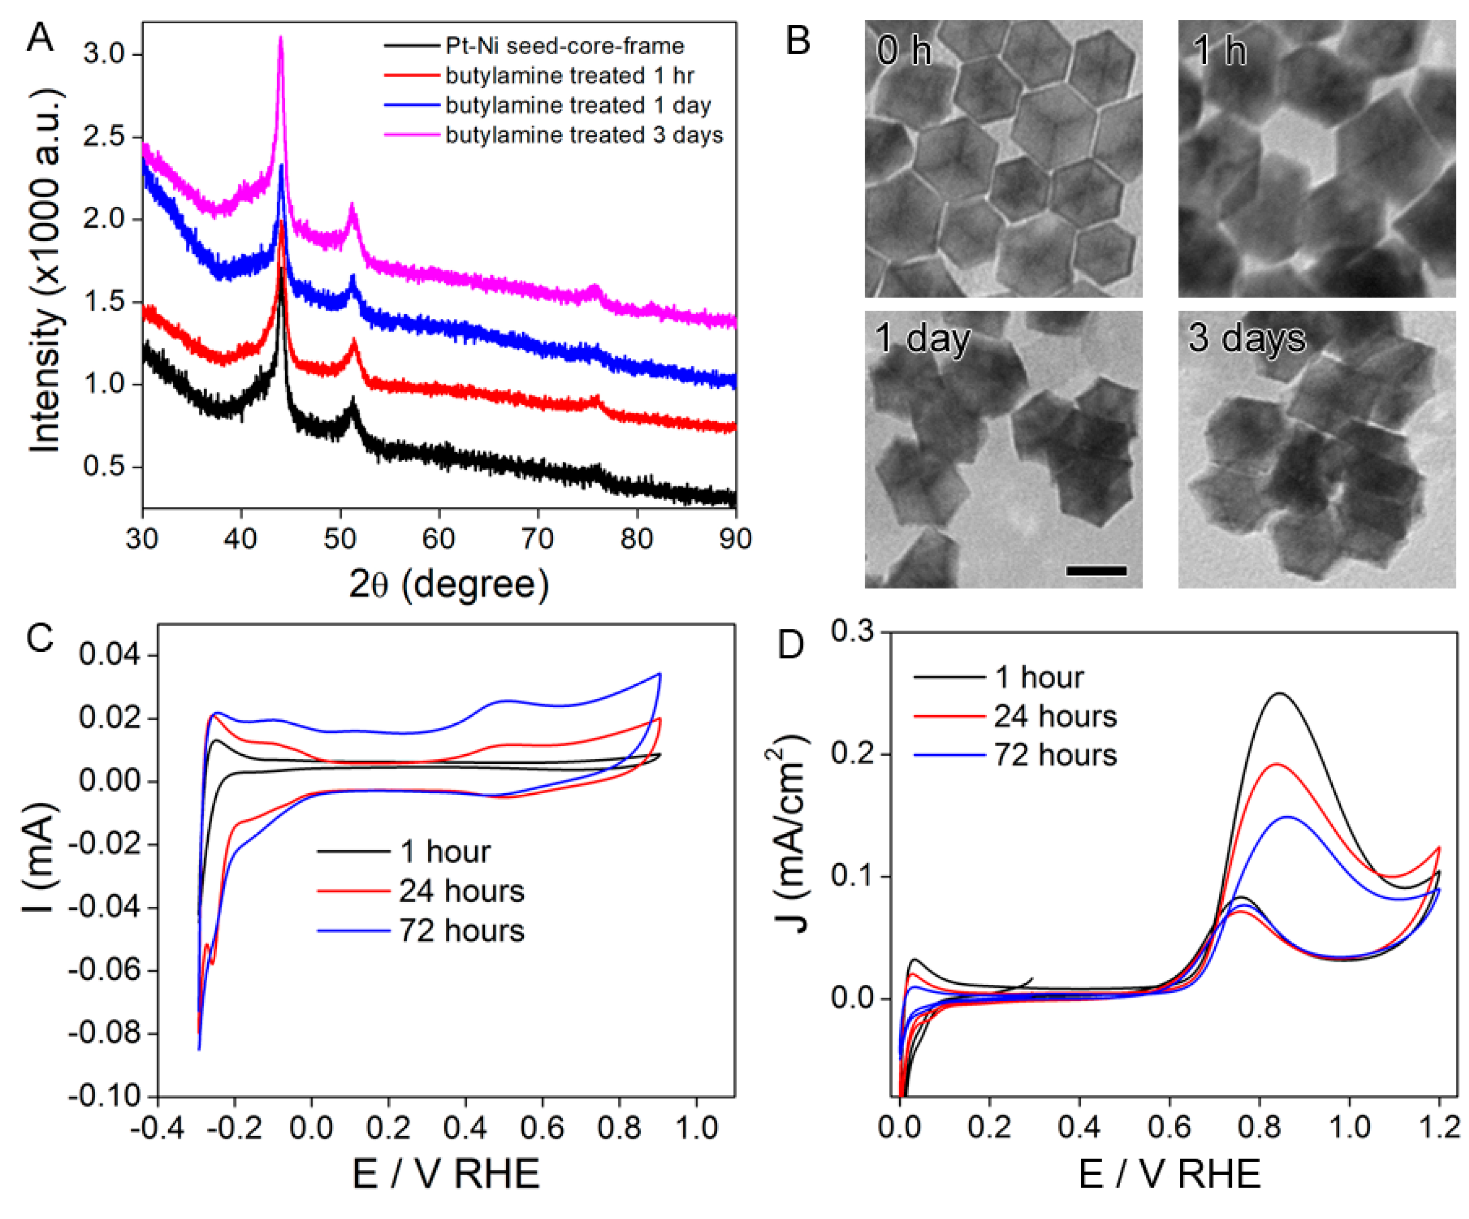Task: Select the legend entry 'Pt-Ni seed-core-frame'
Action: click(x=564, y=46)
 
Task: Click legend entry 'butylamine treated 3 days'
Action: click(x=584, y=134)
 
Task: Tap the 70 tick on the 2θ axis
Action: click(x=537, y=539)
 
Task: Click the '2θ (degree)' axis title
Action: click(x=448, y=583)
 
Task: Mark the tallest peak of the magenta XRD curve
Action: click(x=281, y=38)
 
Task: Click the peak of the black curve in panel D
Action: click(x=1280, y=693)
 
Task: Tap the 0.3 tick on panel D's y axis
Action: click(x=852, y=632)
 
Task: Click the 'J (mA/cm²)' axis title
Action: click(x=790, y=836)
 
